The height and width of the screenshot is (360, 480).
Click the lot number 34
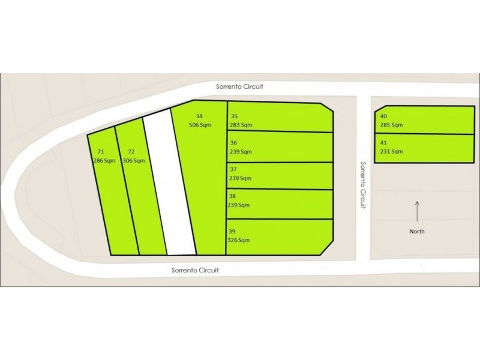pos(200,116)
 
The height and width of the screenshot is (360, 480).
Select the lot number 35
pos(234,116)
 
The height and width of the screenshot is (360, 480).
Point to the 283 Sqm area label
pos(239,125)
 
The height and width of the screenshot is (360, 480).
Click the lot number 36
pos(234,143)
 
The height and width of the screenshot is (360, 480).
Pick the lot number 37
pos(234,169)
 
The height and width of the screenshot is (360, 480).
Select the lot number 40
pos(384,116)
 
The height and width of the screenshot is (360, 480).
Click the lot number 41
pos(384,143)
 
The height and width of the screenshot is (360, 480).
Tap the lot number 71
pos(100,152)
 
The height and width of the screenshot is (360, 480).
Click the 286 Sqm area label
pos(104,161)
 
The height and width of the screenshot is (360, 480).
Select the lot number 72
pos(131,152)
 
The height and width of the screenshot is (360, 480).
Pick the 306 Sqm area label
pos(133,161)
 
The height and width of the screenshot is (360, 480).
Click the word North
pos(417,232)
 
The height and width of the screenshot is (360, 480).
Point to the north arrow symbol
pos(417,212)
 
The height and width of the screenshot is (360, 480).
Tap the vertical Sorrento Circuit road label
pos(363,185)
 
